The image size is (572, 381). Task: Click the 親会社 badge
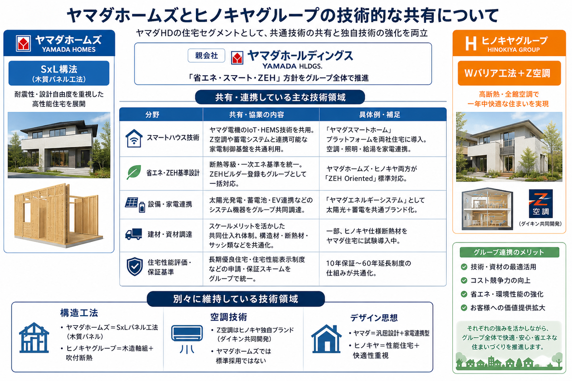tap(206, 55)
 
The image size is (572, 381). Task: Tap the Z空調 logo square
tap(541, 203)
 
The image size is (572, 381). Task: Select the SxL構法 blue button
tap(59, 73)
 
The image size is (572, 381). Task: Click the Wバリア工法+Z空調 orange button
tap(509, 73)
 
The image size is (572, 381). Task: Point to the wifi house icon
tap(134, 138)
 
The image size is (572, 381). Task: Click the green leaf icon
tap(134, 172)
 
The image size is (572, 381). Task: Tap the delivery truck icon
tap(133, 234)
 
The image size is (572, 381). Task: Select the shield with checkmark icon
tap(134, 267)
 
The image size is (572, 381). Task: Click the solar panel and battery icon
tap(135, 205)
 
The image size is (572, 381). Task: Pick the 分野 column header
tap(153, 115)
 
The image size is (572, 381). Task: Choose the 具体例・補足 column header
tap(380, 115)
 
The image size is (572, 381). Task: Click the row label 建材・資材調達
tap(170, 234)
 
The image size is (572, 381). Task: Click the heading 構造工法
tap(79, 313)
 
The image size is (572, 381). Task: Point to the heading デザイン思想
tap(374, 318)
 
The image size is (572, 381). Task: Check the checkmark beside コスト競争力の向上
tap(464, 281)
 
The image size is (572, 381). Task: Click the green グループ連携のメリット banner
tap(509, 252)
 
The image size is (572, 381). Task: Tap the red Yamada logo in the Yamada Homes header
tap(23, 43)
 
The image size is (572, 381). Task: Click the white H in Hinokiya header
tap(470, 43)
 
